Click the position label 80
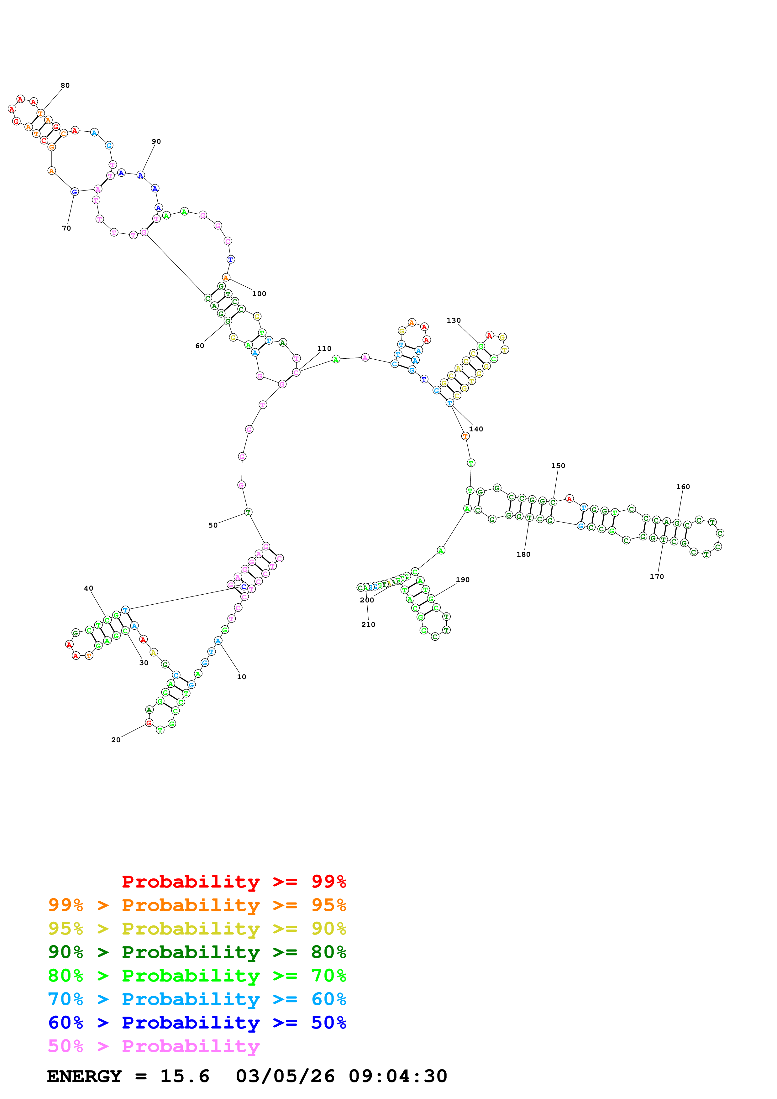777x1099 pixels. tap(65, 86)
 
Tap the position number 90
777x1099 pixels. tap(156, 142)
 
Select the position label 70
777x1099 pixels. tap(66, 228)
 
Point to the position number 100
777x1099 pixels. tap(259, 294)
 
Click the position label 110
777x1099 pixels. tap(324, 348)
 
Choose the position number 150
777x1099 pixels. tap(558, 466)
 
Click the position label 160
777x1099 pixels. tap(683, 487)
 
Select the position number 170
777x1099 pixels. tap(656, 577)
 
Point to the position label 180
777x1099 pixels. tap(523, 554)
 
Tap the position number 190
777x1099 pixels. tap(462, 580)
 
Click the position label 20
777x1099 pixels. tap(116, 740)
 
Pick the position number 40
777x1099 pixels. tap(89, 588)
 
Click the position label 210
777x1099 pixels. tap(368, 625)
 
